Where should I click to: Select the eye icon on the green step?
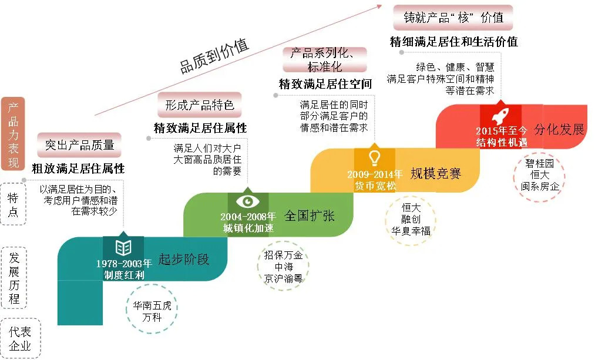[248, 201]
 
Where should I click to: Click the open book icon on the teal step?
[123, 246]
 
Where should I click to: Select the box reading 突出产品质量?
[80, 144]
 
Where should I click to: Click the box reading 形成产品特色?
[199, 105]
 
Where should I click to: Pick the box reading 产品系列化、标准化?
[324, 59]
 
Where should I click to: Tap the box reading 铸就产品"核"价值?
[453, 18]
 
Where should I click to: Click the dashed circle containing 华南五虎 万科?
[152, 312]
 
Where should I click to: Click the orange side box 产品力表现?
[13, 134]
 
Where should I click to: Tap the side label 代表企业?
[19, 338]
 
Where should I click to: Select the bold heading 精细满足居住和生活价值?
[453, 42]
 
